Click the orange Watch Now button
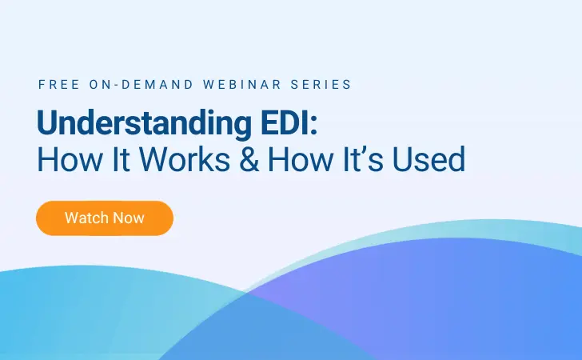point(104,218)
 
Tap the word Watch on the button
point(83,218)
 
